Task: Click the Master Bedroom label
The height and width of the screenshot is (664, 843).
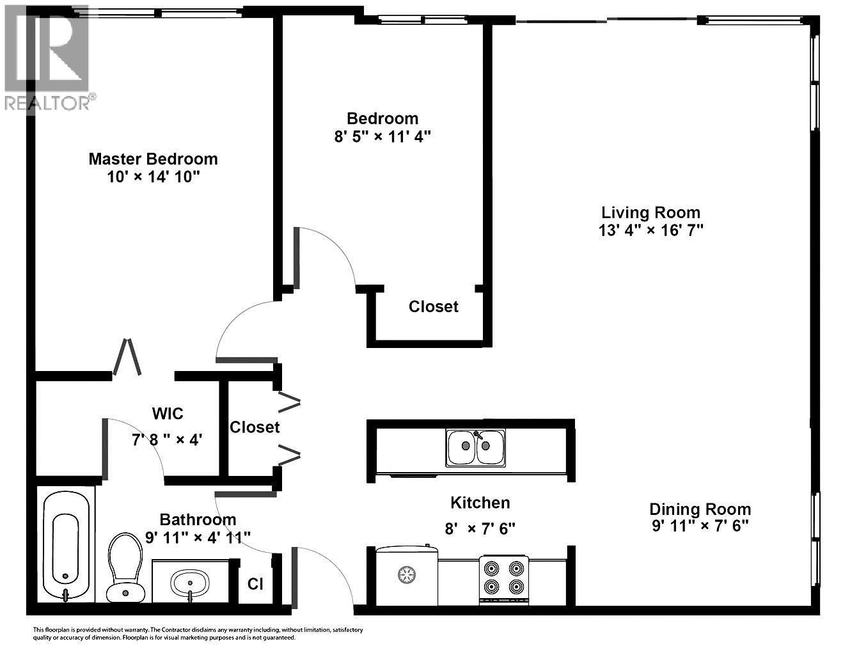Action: (x=153, y=159)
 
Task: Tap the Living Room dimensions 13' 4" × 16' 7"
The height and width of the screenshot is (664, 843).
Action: (x=650, y=230)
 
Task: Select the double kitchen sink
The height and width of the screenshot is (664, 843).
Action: (x=475, y=447)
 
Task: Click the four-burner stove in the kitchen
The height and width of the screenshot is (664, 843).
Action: (x=504, y=578)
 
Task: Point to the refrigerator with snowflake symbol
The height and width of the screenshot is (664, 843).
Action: (x=406, y=575)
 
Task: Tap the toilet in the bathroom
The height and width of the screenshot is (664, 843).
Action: (x=125, y=566)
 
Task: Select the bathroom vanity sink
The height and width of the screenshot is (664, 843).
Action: (x=189, y=583)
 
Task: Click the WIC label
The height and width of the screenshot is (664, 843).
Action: (x=168, y=414)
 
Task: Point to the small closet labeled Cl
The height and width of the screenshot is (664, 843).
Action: (x=255, y=584)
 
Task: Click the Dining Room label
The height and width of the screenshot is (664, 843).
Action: (x=700, y=509)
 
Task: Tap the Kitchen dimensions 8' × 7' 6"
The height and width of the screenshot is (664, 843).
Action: (x=480, y=529)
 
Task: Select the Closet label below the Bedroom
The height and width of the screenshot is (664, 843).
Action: (x=434, y=307)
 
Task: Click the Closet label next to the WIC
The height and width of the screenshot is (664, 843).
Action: (x=255, y=427)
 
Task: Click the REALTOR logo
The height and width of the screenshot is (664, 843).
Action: (x=49, y=58)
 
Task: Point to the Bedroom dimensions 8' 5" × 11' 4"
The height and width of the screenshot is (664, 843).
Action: (x=382, y=136)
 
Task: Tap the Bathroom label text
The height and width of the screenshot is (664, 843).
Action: (x=198, y=519)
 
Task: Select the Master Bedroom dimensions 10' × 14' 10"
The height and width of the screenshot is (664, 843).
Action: (x=154, y=177)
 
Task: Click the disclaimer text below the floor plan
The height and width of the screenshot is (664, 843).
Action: (x=198, y=633)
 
